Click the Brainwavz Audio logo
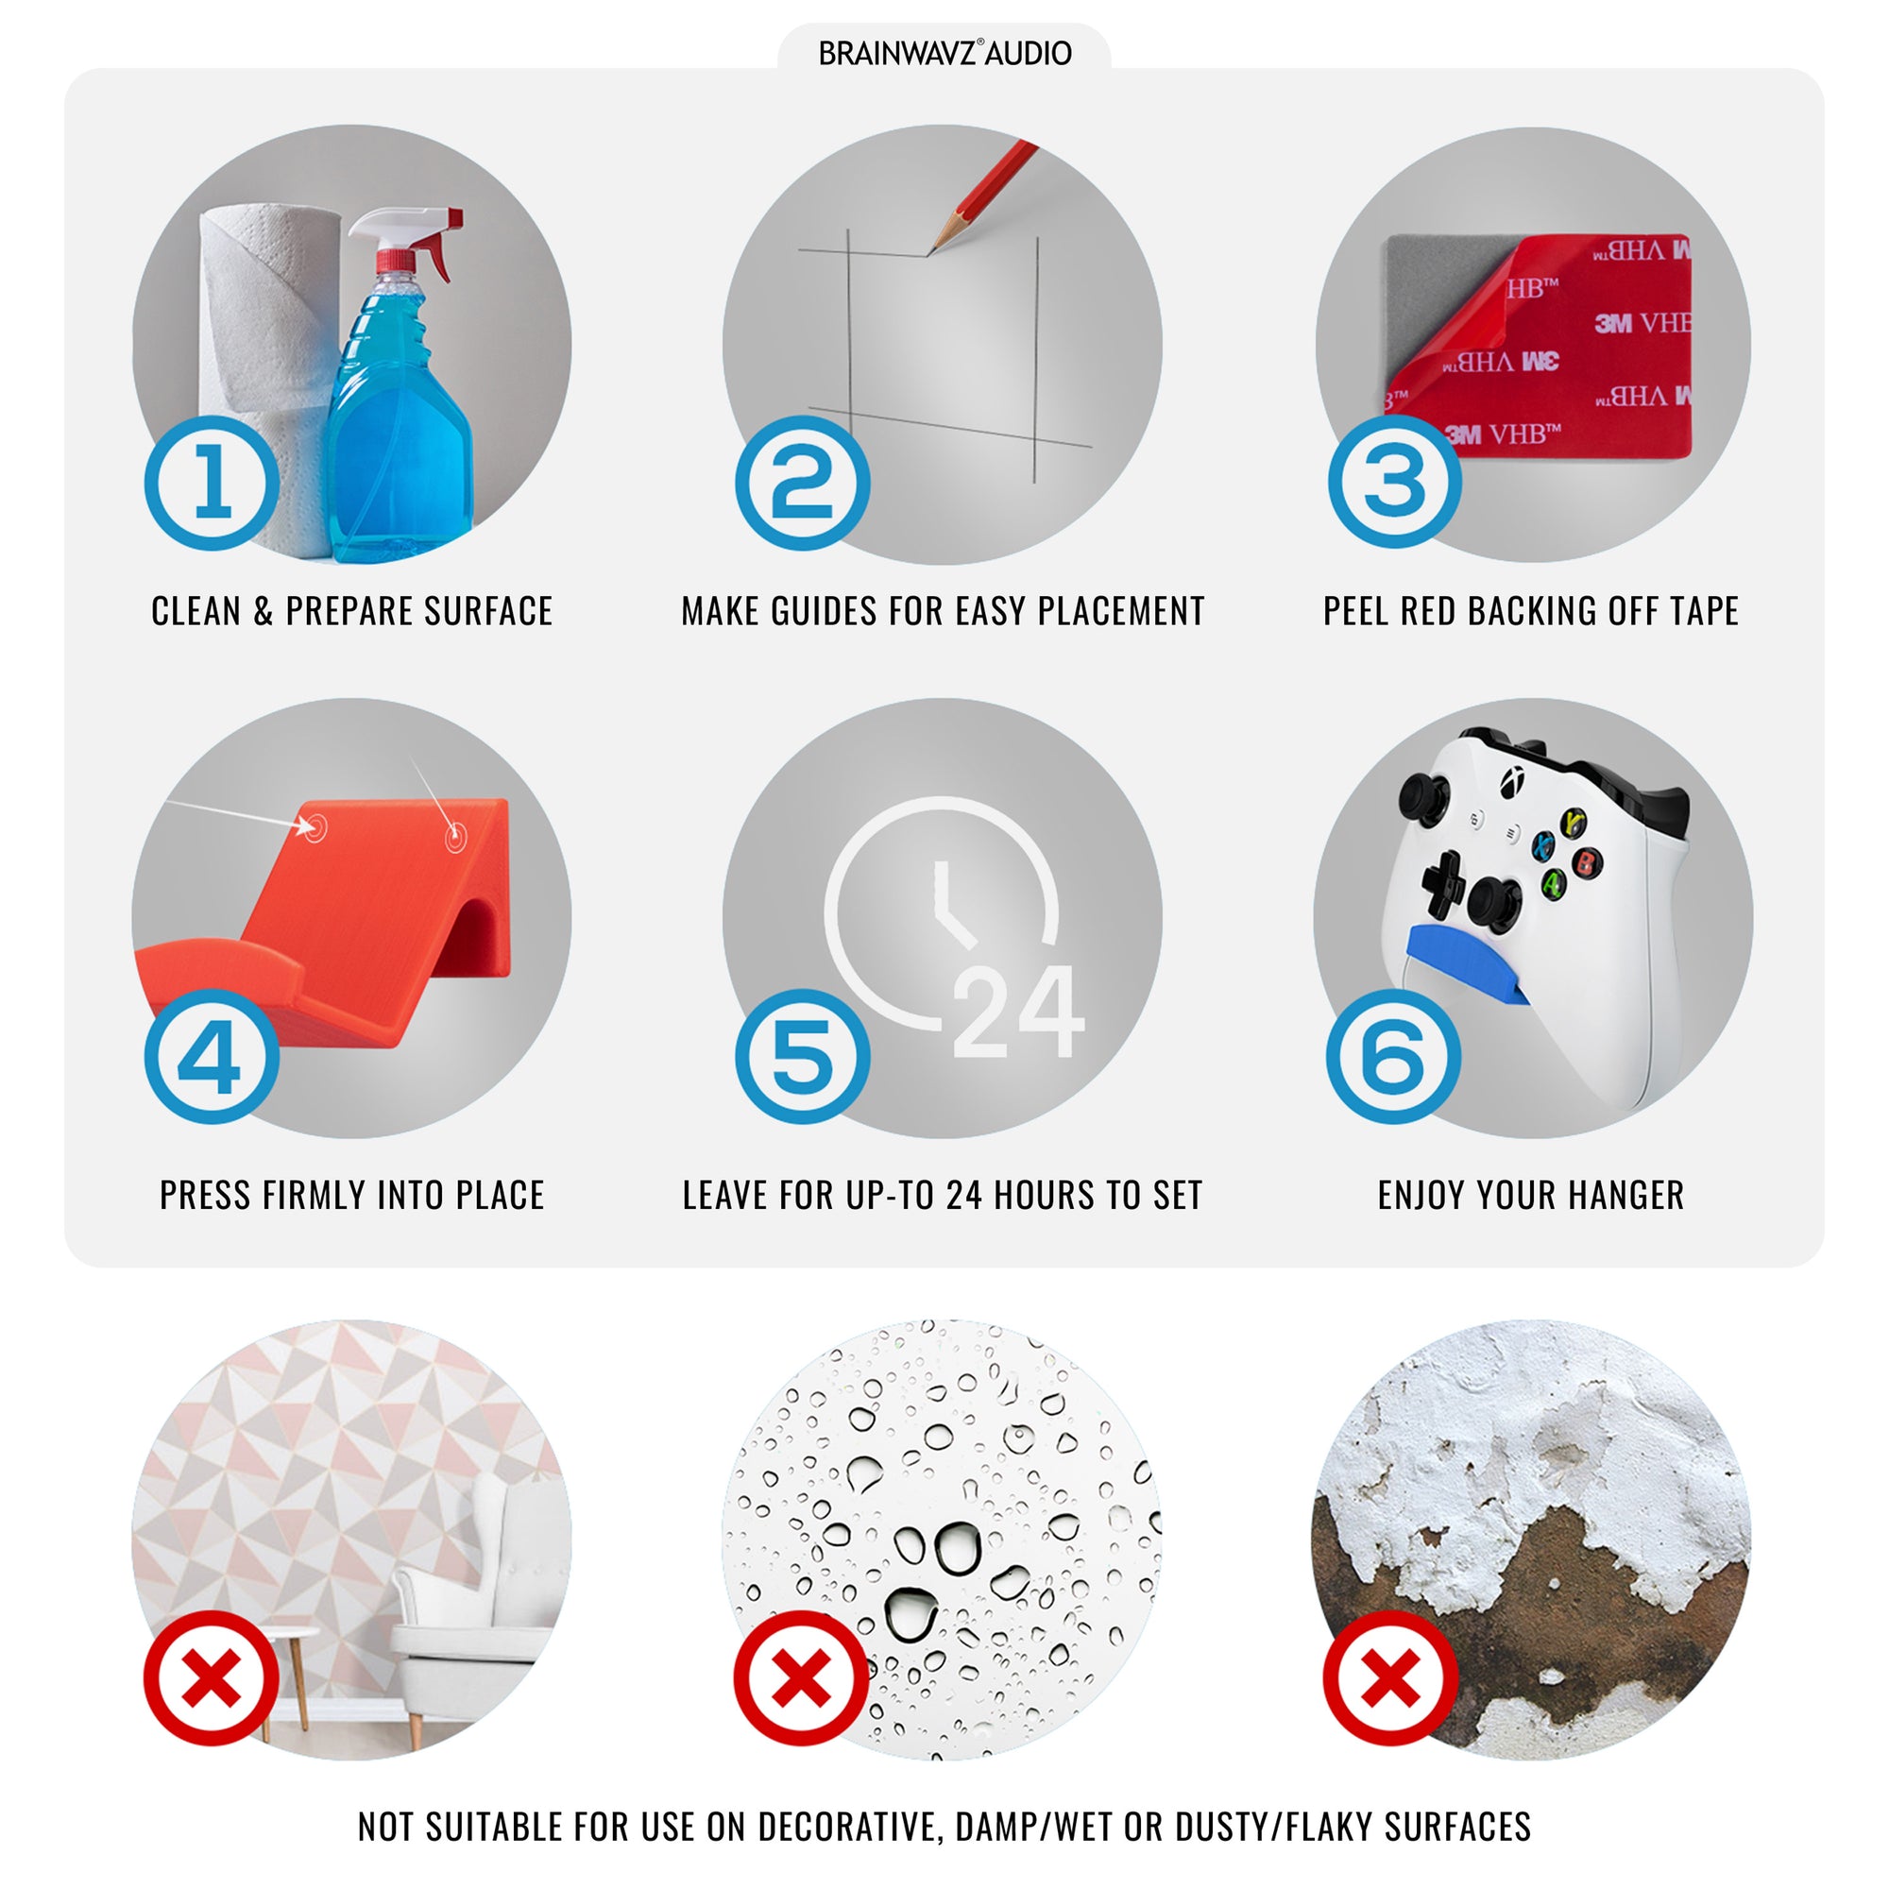coord(944,53)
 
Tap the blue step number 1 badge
coord(213,483)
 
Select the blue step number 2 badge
coord(803,483)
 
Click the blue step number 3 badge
coord(1394,481)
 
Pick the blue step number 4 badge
coord(213,1056)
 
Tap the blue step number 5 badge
coord(803,1056)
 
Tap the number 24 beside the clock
coord(1018,1012)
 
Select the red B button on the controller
coord(1586,862)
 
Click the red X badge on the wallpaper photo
coord(212,1678)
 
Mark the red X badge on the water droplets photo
coord(802,1678)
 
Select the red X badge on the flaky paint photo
coord(1390,1678)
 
